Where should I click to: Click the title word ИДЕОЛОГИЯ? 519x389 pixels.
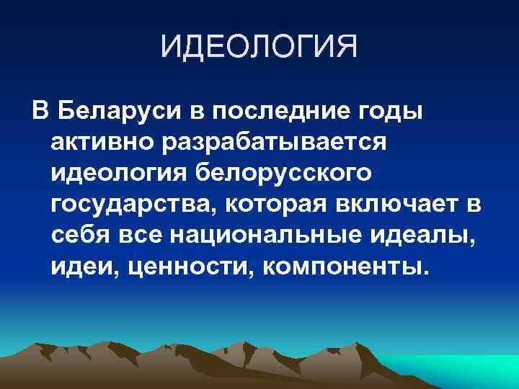coord(259,49)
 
